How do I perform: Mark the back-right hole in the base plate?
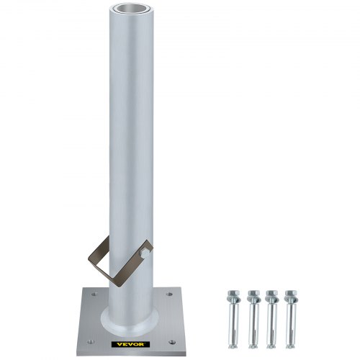(x=171, y=294)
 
